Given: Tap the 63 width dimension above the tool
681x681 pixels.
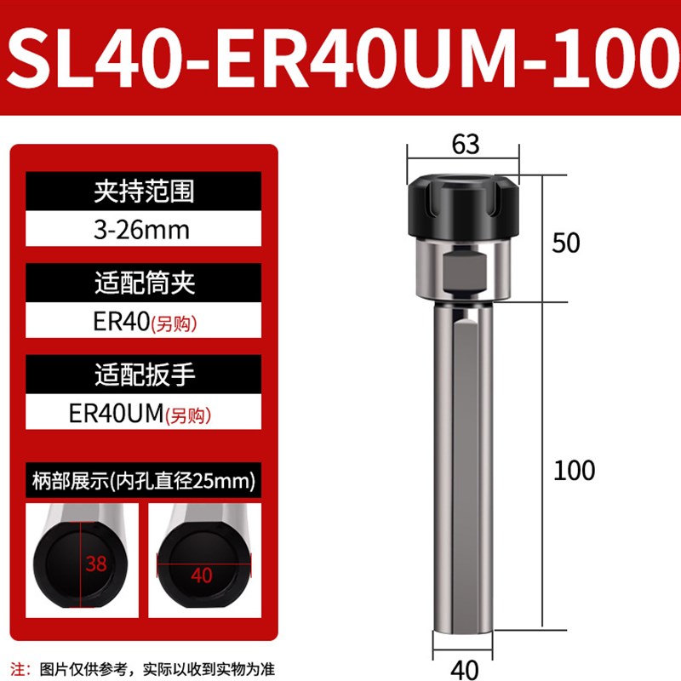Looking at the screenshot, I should pos(466,145).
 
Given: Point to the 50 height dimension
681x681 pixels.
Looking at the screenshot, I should pos(566,243).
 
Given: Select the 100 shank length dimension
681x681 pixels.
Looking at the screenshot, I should pos(574,470).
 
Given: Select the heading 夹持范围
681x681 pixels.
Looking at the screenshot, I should pos(143,191).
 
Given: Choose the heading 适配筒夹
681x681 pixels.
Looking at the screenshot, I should pos(143,283).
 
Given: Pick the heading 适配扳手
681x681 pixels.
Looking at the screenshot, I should pos(143,375).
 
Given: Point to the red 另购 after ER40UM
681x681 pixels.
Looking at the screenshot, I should pos(187,416).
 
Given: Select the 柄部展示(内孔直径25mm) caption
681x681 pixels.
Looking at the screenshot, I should pos(143,481).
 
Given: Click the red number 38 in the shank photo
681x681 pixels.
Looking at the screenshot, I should pos(97,563).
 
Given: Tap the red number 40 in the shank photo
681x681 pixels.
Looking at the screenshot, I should pos(202,575).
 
